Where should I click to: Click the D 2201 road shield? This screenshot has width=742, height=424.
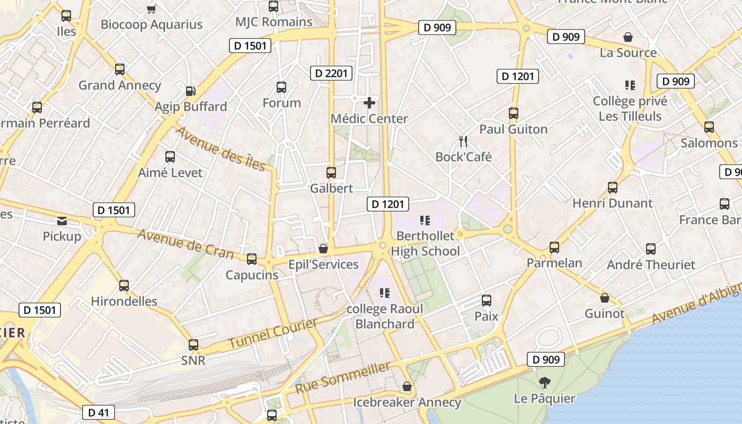coord(331,73)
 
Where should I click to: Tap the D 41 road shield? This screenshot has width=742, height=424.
coord(99,412)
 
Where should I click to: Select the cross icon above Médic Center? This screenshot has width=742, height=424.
coord(369,102)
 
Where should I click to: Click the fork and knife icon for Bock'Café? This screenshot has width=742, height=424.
coord(463,141)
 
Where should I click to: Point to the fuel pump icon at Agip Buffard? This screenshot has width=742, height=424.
coord(191,91)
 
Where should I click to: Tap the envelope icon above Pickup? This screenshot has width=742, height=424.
coord(62,220)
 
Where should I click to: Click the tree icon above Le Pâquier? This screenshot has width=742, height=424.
coord(544,383)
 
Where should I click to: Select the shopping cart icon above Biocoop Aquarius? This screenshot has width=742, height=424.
coord(152,8)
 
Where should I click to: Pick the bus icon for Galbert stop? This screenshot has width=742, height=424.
coord(331,172)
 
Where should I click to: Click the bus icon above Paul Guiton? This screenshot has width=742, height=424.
coord(513,113)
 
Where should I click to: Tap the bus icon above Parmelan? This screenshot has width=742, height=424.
coord(554,247)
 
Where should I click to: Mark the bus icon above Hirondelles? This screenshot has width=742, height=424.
coord(124,285)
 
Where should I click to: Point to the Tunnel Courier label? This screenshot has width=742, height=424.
coord(273,334)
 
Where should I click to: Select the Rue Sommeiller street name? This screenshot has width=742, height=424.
coord(343,377)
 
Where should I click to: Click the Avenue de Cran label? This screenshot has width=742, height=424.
coord(185,244)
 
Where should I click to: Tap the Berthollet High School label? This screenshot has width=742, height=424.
coord(426,243)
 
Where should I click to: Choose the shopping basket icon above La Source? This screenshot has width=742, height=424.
coord(628,37)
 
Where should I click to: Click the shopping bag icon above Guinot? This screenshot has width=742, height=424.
coord(605,298)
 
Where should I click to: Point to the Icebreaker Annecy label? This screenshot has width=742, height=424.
coord(407,402)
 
